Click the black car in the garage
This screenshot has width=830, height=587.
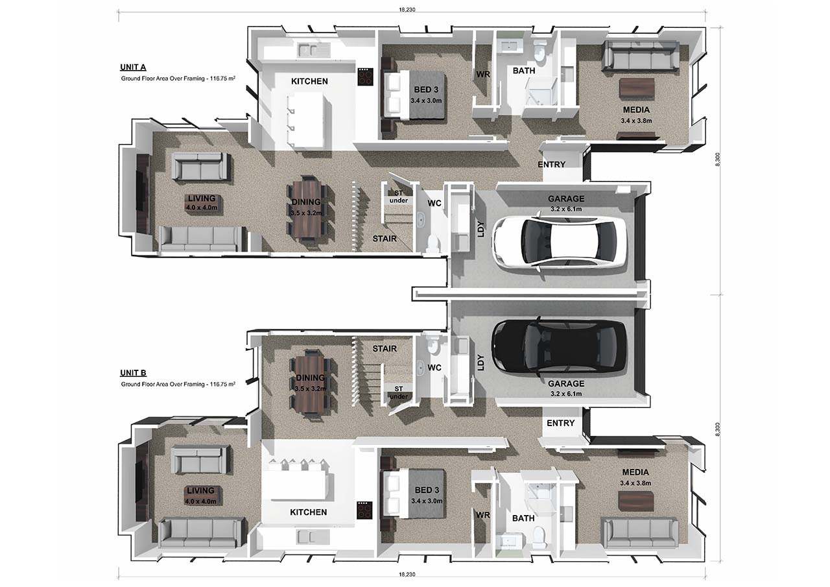[x=559, y=346]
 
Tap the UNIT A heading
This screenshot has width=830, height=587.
[x=133, y=67]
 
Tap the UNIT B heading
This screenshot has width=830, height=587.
[x=133, y=373]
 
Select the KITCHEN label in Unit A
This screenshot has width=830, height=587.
[x=309, y=82]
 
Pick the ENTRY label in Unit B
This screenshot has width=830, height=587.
[x=560, y=423]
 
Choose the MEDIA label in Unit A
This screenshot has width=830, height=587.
[x=635, y=110]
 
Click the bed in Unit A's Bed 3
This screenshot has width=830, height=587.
[x=415, y=95]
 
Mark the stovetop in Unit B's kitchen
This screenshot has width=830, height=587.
[x=364, y=511]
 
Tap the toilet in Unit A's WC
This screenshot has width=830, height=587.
[x=433, y=242]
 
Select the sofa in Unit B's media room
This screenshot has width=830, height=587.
[x=640, y=532]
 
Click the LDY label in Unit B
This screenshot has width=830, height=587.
[x=480, y=361]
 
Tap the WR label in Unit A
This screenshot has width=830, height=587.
[x=482, y=75]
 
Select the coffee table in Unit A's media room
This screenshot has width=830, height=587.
[x=637, y=88]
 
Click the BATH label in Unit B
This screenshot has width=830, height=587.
[x=523, y=518]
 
